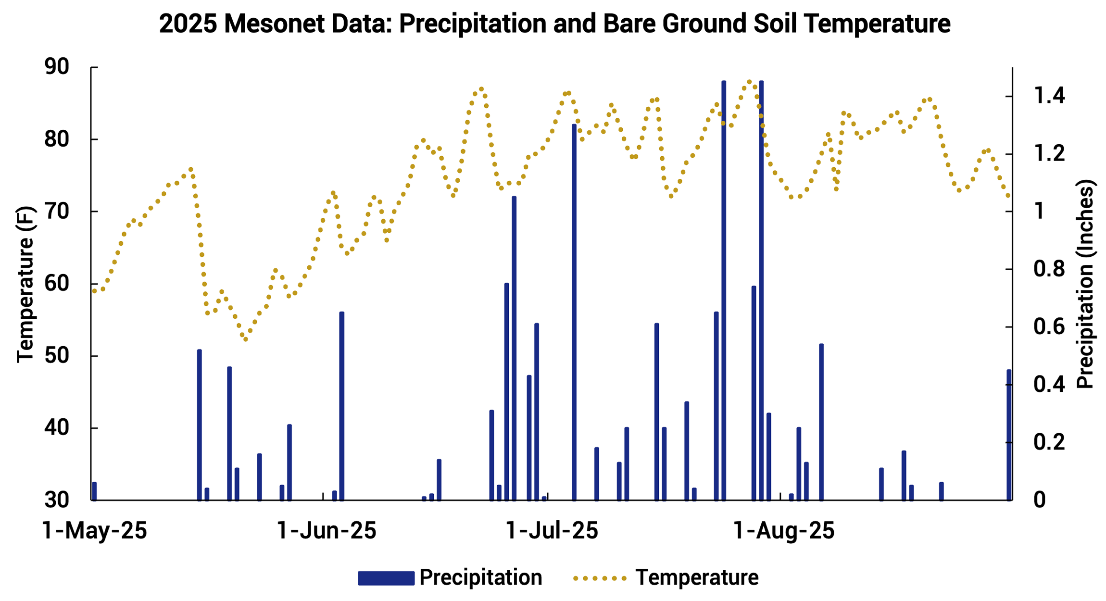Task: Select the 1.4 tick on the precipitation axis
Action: [x=1049, y=96]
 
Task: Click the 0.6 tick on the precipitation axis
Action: [x=1049, y=327]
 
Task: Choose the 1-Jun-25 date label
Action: [x=327, y=531]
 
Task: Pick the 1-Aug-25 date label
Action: [x=784, y=531]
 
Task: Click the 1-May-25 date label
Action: [x=95, y=531]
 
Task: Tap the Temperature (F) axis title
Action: [x=25, y=284]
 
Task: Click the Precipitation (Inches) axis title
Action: [x=1085, y=284]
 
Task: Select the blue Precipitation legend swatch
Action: [x=386, y=577]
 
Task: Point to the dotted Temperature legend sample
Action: [x=600, y=577]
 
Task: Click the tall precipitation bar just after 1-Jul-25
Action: [x=574, y=313]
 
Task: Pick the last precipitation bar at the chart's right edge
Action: [x=1009, y=435]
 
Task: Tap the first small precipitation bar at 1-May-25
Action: [x=94, y=491]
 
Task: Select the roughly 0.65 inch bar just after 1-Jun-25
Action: [x=342, y=406]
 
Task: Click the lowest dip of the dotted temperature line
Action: [x=246, y=339]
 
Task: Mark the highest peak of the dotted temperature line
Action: [x=749, y=82]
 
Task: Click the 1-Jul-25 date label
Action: [x=552, y=531]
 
